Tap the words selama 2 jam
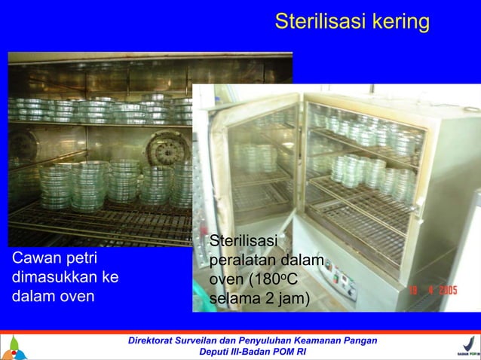259,298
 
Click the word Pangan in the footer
357,341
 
